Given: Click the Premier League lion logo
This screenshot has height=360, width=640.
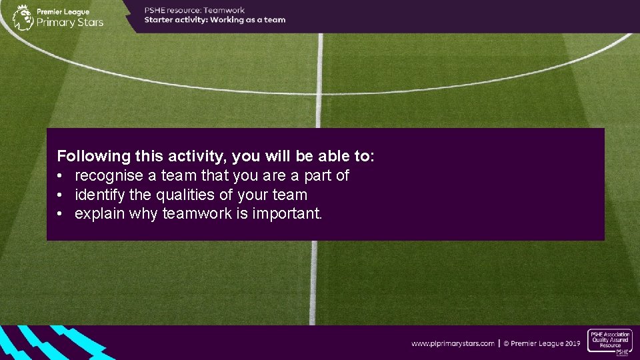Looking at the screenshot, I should tap(23, 17).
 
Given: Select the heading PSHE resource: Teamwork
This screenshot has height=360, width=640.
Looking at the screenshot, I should tap(195, 10).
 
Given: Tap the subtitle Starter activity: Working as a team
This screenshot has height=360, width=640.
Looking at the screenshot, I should tap(215, 20).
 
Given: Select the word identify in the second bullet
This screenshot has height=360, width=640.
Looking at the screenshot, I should tap(97, 195).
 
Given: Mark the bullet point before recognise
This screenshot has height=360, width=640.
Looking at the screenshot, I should tap(60, 176).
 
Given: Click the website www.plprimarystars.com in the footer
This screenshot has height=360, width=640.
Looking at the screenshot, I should tap(453, 343).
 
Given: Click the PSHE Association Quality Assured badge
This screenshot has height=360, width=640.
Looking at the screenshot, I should tap(609, 342).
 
